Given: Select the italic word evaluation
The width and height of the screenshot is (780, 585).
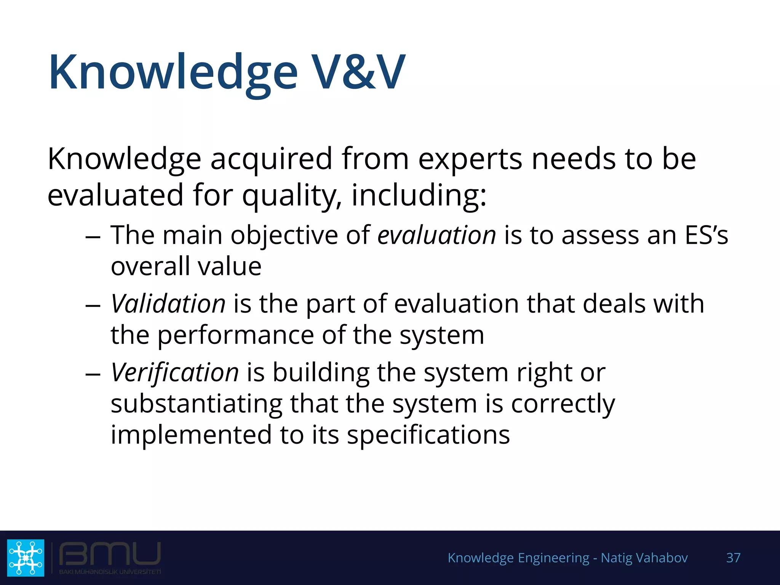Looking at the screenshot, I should click(x=437, y=235).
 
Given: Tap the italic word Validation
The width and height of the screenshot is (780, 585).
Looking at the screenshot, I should click(x=168, y=304).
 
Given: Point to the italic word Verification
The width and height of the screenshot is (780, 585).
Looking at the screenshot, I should click(x=175, y=372).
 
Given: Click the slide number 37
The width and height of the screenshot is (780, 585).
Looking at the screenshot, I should click(x=733, y=558).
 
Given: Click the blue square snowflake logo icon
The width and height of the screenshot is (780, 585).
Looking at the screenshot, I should click(x=26, y=558).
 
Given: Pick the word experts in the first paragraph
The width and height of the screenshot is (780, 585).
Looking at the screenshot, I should click(x=470, y=159).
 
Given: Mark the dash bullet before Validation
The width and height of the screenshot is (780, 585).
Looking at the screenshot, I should click(x=93, y=306).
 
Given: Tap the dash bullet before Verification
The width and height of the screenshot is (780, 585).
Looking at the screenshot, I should click(x=93, y=374).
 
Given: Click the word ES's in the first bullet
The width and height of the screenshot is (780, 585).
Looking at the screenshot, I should click(x=706, y=235).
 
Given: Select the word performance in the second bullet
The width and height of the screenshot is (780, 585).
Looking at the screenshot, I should click(x=235, y=336).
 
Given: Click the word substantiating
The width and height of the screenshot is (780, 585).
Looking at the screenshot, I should click(x=197, y=404).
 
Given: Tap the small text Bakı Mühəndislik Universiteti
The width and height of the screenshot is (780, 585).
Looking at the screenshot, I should click(x=110, y=572).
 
